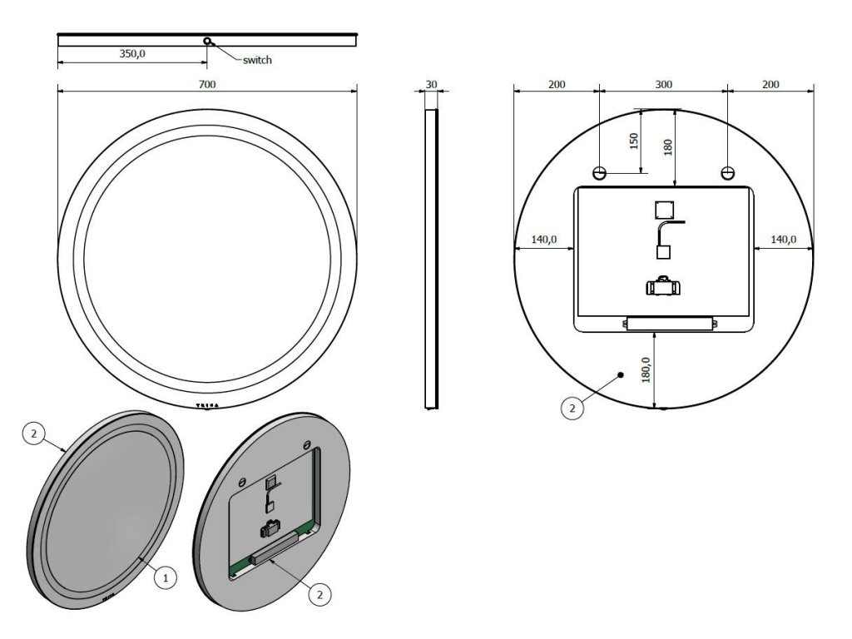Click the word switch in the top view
257,60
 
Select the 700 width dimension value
206,84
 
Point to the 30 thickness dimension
431,84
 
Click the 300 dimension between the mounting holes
663,84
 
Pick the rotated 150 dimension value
633,141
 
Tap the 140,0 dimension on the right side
783,240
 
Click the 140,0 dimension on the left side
543,240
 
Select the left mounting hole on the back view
599,173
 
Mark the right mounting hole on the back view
728,173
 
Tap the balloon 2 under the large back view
571,408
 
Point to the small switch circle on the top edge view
206,42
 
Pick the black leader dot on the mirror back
621,375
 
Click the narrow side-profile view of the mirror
431,258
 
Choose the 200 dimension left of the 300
557,84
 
